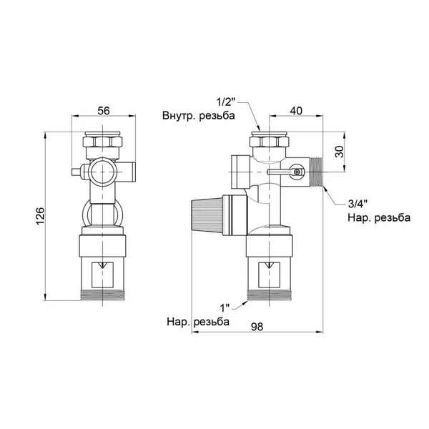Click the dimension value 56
click(104, 111)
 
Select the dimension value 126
click(40, 216)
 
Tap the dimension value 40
click(296, 111)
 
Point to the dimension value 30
click(339, 152)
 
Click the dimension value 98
click(257, 327)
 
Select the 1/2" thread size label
click(226, 102)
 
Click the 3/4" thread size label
click(357, 204)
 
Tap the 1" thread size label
click(226, 308)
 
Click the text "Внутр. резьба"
click(199, 115)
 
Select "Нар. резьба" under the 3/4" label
click(379, 218)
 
